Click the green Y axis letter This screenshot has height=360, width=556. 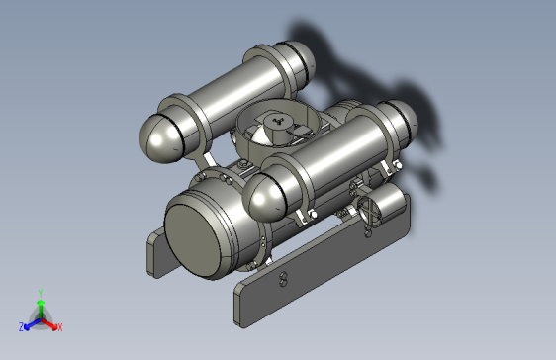point(41,292)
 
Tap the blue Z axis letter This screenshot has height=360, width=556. point(22,326)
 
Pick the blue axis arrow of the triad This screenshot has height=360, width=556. point(31,321)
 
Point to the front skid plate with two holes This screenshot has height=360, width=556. point(297,277)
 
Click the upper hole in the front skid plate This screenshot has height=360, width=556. point(284,275)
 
